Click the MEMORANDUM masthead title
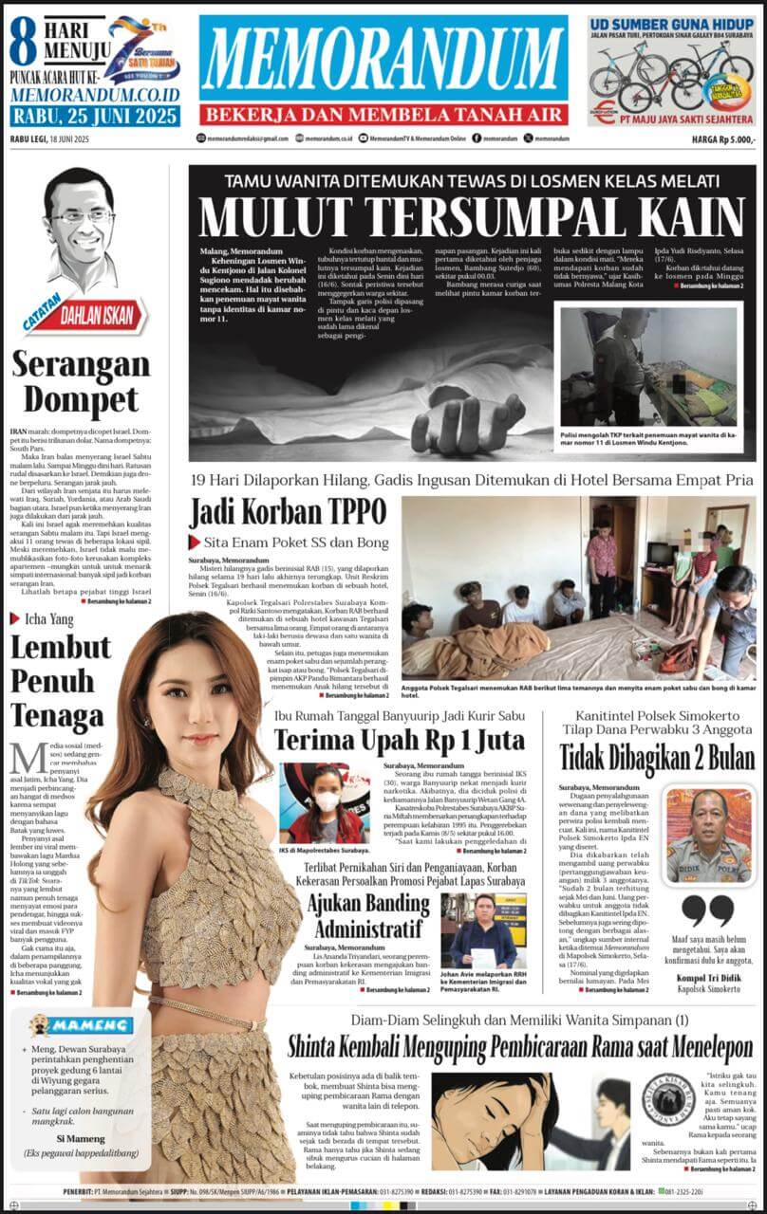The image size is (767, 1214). (x=383, y=59)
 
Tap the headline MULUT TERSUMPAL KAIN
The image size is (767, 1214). (x=465, y=217)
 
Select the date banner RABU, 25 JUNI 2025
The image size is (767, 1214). (x=94, y=117)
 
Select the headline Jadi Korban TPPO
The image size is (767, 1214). (x=288, y=513)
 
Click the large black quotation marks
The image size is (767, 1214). (x=707, y=910)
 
